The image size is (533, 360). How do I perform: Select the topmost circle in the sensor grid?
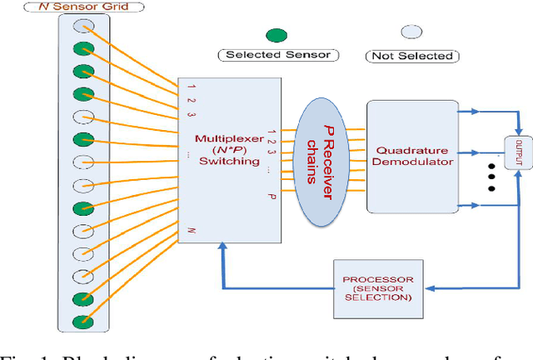pos(84,26)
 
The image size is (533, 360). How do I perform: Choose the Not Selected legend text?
pos(411,56)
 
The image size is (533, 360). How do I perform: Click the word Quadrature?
pos(413,150)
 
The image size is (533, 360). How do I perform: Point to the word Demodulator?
pos(413,162)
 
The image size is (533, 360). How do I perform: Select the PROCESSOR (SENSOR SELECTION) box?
pos(372,288)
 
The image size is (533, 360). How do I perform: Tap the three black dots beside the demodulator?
pos(491,176)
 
